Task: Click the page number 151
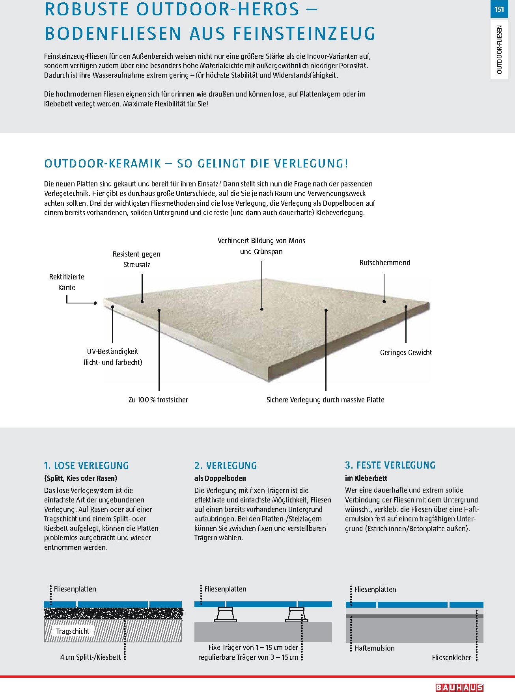499,9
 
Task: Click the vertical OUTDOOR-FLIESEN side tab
500,50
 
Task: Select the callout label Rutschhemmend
384,263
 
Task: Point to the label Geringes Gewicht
406,353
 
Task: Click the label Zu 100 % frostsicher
158,400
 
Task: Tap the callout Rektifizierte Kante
67,282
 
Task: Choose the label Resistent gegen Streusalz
136,259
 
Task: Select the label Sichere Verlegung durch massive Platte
325,400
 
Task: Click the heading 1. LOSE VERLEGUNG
86,465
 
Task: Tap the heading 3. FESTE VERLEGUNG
390,465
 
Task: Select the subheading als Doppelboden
220,478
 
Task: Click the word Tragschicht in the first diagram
73,631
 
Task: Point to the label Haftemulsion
374,648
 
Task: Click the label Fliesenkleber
452,657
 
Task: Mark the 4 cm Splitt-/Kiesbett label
91,657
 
